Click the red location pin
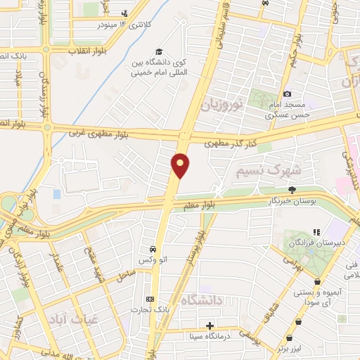point(181,165)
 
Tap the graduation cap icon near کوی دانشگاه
point(160,52)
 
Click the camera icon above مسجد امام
point(287,94)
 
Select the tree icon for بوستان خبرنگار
point(292,190)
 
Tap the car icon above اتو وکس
point(153,250)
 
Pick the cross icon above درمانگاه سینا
point(210,325)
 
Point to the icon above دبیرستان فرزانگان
point(317,231)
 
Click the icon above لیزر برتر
point(299,321)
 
